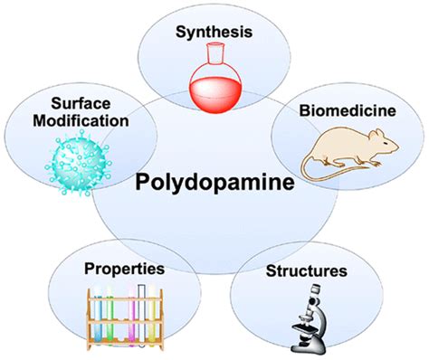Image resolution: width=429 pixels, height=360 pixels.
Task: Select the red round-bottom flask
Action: coord(214,80)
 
